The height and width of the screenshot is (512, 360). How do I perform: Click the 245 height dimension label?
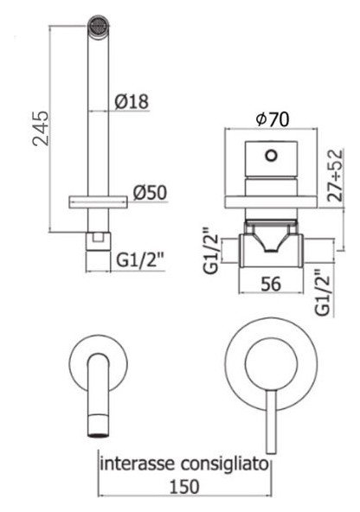click(42, 128)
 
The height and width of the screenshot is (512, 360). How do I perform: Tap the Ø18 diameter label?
click(132, 101)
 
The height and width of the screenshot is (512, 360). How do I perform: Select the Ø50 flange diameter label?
click(150, 193)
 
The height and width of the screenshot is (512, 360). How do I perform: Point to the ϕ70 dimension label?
click(273, 119)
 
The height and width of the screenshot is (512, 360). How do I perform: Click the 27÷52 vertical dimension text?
click(335, 176)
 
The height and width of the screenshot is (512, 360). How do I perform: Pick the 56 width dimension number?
click(271, 284)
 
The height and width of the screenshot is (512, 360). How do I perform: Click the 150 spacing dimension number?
click(184, 487)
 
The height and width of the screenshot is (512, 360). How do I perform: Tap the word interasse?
click(138, 464)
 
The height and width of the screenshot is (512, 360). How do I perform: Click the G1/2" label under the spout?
click(140, 260)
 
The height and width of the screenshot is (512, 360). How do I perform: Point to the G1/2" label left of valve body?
click(211, 249)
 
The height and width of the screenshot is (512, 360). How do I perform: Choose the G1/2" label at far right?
click(323, 292)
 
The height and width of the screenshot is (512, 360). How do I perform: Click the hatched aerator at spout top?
click(98, 24)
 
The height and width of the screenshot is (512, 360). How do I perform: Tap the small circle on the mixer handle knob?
click(271, 156)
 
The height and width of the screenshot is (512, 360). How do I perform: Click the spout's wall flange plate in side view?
click(98, 202)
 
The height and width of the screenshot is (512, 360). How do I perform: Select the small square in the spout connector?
click(98, 237)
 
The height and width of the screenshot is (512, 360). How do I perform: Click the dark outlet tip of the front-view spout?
click(98, 435)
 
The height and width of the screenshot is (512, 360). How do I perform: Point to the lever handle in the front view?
click(271, 422)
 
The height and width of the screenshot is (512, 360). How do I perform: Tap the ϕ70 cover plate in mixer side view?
click(271, 202)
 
